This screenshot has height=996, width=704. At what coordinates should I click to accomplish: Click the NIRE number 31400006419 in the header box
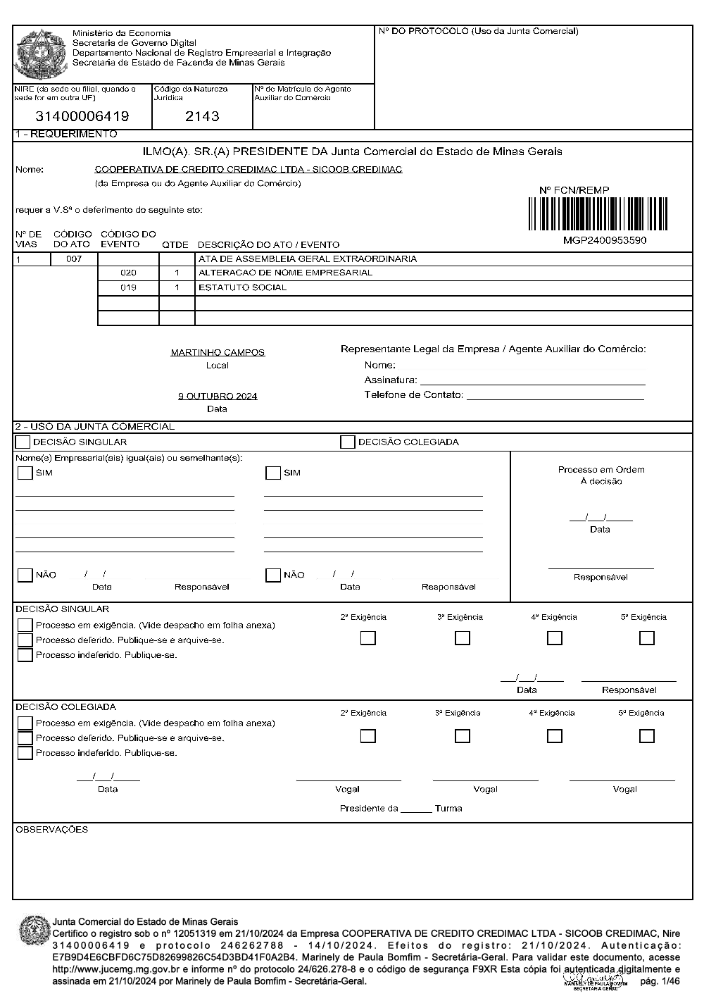click(82, 116)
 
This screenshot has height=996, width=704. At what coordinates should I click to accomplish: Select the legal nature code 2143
click(202, 116)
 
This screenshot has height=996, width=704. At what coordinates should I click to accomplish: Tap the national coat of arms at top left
click(40, 54)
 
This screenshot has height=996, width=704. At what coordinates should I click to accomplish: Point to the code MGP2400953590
click(605, 240)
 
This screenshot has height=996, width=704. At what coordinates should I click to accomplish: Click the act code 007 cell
click(74, 259)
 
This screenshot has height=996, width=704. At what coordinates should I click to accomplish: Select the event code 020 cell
click(128, 273)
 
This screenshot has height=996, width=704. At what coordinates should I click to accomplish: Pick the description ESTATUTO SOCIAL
click(242, 287)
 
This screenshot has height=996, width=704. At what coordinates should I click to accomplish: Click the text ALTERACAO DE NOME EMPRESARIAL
click(285, 273)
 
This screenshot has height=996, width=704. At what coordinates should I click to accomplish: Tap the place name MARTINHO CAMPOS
click(218, 352)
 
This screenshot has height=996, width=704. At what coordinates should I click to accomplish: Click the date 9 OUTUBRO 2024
click(218, 396)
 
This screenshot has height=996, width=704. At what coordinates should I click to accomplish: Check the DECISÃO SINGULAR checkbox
click(23, 442)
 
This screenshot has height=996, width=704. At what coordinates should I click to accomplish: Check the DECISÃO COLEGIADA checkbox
click(347, 442)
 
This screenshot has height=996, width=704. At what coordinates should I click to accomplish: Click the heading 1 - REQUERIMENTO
click(66, 134)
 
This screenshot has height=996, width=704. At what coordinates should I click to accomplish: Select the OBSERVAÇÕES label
click(52, 830)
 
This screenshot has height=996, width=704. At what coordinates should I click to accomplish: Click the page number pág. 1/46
click(660, 981)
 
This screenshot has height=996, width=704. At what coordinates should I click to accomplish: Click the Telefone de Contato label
click(413, 394)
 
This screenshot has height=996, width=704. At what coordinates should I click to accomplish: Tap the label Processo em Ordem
click(601, 470)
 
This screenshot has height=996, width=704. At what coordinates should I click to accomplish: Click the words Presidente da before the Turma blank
click(369, 809)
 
